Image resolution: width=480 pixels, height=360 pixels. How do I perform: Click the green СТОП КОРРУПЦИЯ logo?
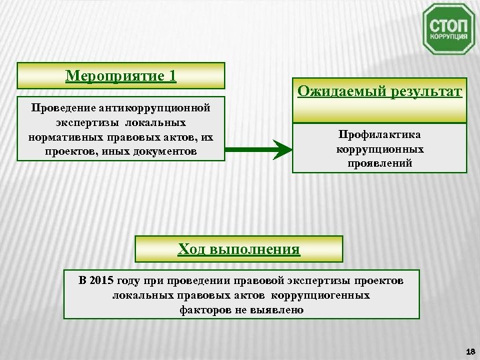449,29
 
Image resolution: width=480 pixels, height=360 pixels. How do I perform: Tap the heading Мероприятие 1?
121,75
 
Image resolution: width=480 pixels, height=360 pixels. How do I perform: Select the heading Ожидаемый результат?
379,91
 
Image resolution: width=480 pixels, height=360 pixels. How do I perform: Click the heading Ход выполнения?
239,249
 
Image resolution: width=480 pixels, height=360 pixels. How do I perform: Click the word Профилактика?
379,135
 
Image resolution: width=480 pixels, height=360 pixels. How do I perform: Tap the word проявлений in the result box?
379,163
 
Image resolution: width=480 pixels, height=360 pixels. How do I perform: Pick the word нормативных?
63,137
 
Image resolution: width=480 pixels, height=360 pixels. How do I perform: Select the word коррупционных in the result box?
379,149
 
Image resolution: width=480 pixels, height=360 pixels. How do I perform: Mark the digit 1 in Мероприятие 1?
172,75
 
